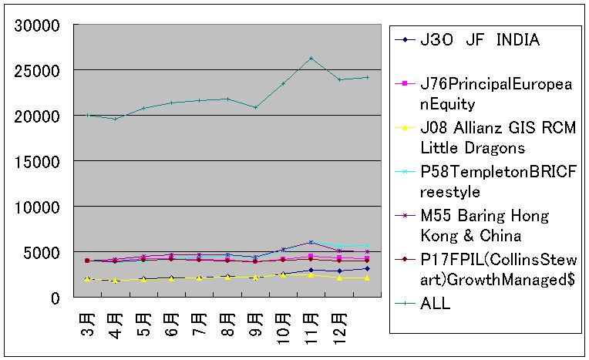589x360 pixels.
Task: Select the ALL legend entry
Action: pos(436,304)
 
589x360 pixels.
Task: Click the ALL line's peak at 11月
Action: pos(311,58)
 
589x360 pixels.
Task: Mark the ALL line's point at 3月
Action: pos(87,116)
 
